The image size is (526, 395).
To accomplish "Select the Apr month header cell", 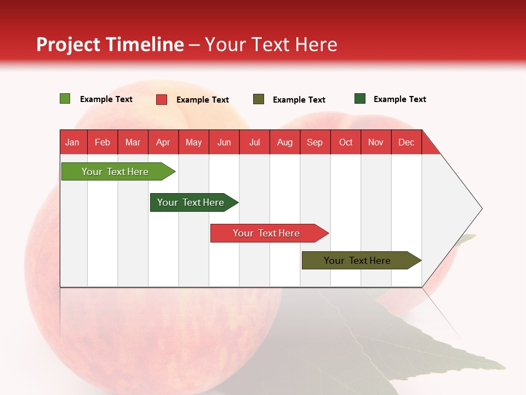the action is [x=163, y=142].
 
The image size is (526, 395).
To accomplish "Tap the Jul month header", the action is [x=255, y=142].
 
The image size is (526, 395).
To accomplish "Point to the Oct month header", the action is [x=346, y=142].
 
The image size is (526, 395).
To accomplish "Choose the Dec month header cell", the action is [x=407, y=142].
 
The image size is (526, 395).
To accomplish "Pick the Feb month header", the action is [x=102, y=142].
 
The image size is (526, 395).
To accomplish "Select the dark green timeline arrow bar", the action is [x=194, y=202].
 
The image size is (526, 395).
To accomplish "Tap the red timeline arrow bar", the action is [x=270, y=233].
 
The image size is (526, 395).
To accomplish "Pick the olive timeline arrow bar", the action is [x=362, y=260].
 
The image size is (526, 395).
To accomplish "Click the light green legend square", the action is [x=65, y=98].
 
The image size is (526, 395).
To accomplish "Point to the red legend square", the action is [x=162, y=99].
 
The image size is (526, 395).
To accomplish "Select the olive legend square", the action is [x=258, y=99].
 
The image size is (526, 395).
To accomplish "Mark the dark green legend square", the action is [x=360, y=98].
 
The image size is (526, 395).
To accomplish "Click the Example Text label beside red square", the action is [x=203, y=100].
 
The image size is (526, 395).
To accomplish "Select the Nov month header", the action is [x=376, y=142].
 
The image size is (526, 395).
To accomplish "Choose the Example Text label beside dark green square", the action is [x=400, y=99].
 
